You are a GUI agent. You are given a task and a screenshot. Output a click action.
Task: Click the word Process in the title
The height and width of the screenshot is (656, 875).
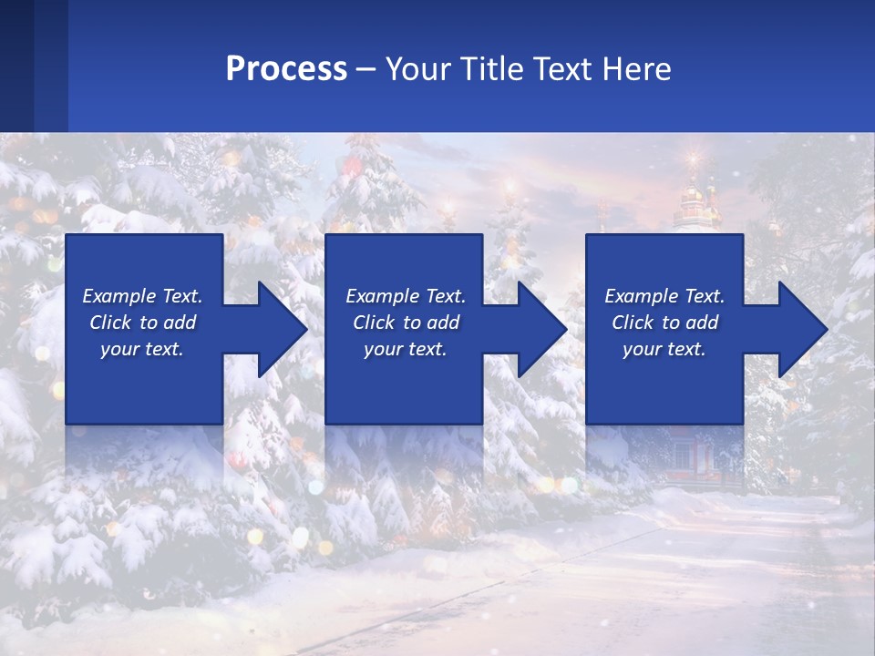tap(286, 69)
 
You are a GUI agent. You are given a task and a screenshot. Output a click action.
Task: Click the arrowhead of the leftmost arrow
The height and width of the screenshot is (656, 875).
tap(283, 329)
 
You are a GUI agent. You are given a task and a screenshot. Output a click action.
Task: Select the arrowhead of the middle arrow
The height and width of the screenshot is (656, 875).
tap(542, 329)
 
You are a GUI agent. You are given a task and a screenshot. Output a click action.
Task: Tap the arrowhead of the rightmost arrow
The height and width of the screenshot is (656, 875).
tap(803, 329)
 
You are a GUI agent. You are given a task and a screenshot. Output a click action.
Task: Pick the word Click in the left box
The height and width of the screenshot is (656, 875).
tap(110, 323)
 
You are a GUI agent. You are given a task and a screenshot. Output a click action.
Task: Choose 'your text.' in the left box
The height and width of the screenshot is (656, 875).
tap(142, 349)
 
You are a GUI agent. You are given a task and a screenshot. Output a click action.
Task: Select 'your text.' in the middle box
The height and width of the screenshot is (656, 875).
tap(405, 349)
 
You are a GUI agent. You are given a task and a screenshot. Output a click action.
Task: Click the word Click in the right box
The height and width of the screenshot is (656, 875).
tap(633, 323)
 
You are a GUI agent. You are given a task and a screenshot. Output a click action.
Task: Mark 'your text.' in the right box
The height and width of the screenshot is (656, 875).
tap(664, 349)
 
